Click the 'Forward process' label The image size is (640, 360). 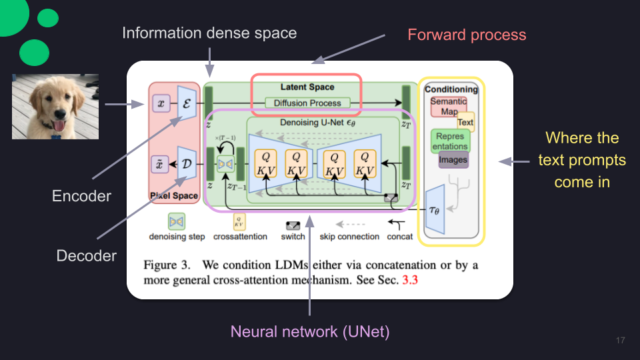pyautogui.click(x=467, y=35)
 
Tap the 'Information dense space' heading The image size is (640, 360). pyautogui.click(x=209, y=33)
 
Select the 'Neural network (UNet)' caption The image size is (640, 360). pyautogui.click(x=310, y=331)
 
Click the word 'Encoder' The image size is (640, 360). pyautogui.click(x=81, y=196)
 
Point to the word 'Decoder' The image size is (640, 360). pyautogui.click(x=87, y=255)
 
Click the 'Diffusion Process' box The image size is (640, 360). pyautogui.click(x=307, y=103)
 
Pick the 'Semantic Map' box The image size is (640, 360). pyautogui.click(x=449, y=106)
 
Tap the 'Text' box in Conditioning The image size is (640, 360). pyautogui.click(x=465, y=122)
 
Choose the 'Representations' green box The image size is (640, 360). pyautogui.click(x=450, y=141)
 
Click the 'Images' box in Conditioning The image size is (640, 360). pyautogui.click(x=453, y=159)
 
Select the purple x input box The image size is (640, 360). pyautogui.click(x=161, y=103)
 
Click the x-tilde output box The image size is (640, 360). pyautogui.click(x=159, y=165)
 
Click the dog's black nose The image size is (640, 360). pyautogui.click(x=60, y=113)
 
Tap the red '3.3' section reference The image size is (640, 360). pyautogui.click(x=410, y=280)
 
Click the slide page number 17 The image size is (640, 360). pyautogui.click(x=621, y=341)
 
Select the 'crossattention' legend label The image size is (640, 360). pyautogui.click(x=240, y=237)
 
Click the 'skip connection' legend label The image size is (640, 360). pyautogui.click(x=349, y=237)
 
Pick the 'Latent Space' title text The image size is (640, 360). pyautogui.click(x=307, y=87)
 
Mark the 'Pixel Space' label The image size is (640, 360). pyautogui.click(x=174, y=195)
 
